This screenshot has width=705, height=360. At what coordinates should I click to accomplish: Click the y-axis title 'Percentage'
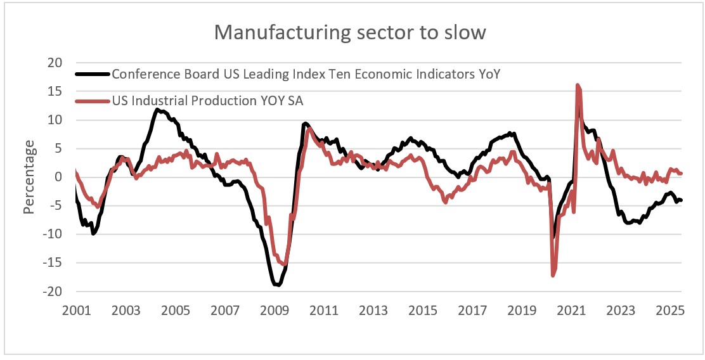coord(29,177)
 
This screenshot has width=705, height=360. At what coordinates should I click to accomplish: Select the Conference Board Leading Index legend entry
coord(306,74)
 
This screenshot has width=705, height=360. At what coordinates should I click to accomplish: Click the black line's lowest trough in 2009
coord(278,285)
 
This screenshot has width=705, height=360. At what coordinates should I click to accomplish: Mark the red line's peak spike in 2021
coord(578,85)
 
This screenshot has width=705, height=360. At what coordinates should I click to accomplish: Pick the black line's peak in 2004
coord(157,110)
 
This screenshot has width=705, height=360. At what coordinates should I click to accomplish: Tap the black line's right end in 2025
coord(680,200)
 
